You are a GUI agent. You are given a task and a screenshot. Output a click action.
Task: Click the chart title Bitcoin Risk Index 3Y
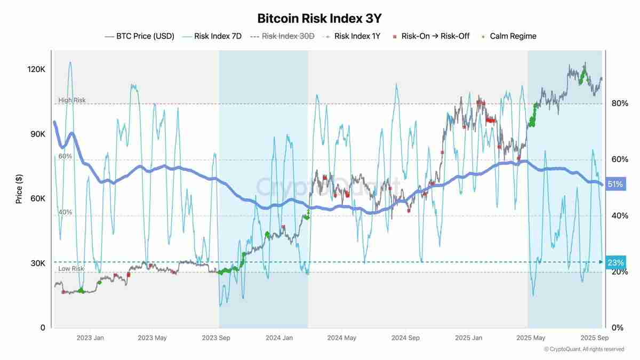[319, 18]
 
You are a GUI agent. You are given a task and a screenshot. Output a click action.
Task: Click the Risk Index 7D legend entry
[218, 36]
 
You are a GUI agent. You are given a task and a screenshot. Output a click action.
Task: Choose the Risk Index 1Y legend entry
[356, 36]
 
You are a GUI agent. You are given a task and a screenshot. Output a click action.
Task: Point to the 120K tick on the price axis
[36, 69]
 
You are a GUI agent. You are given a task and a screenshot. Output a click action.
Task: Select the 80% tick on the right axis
[619, 103]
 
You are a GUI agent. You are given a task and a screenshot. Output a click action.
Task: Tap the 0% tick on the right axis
[617, 327]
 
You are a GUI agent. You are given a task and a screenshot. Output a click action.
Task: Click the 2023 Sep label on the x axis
[217, 338]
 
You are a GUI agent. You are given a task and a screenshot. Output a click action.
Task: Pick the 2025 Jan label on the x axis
[469, 338]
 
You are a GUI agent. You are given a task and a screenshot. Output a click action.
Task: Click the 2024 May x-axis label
[341, 338]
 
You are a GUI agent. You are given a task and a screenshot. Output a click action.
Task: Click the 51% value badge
[615, 185]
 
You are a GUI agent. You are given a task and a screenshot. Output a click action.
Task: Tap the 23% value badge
[615, 262]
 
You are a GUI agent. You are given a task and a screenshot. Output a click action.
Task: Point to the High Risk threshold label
[71, 100]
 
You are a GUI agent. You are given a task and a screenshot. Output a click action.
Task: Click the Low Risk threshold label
[71, 269]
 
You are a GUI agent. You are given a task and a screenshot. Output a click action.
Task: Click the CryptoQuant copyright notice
[583, 349]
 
